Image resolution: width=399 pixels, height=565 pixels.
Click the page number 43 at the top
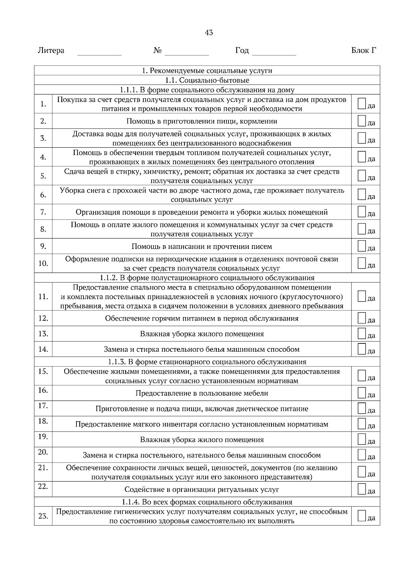tap(209, 33)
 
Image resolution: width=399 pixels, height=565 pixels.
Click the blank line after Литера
tap(99, 53)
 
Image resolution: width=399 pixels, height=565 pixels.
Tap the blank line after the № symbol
tap(187, 53)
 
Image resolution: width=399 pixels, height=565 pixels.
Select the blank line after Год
tap(274, 53)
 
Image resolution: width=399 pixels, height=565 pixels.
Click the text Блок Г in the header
tap(364, 51)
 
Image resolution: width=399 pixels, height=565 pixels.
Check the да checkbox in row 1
tap(362, 103)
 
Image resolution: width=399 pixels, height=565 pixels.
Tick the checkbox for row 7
tap(362, 211)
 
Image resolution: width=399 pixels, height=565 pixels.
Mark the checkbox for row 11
tap(362, 296)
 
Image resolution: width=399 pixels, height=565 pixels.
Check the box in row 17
tap(362, 408)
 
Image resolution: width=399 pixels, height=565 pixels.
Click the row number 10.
tap(43, 264)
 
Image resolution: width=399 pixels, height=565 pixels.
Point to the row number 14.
tap(43, 349)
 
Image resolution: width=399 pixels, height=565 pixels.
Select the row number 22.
tap(43, 486)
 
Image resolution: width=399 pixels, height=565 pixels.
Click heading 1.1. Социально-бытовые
tap(207, 80)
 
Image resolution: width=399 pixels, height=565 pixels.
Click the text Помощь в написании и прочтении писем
tap(201, 247)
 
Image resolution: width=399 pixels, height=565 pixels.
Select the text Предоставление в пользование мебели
tap(201, 393)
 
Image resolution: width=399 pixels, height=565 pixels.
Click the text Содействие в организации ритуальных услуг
tap(201, 489)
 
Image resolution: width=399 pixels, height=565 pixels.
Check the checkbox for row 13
tap(362, 333)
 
